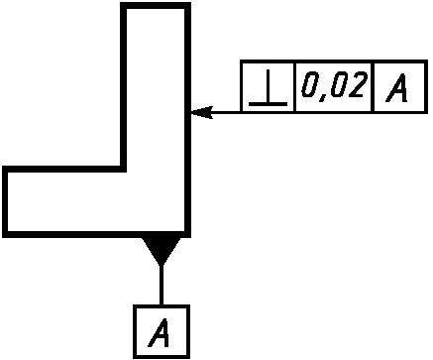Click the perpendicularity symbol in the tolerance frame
pyautogui.click(x=268, y=88)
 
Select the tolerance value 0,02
pyautogui.click(x=334, y=84)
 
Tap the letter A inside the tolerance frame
pyautogui.click(x=397, y=87)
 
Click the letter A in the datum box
pyautogui.click(x=160, y=332)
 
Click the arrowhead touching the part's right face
pyautogui.click(x=202, y=112)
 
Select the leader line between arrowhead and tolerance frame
pyautogui.click(x=227, y=112)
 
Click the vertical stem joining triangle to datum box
pyautogui.click(x=162, y=285)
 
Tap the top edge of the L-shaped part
pyautogui.click(x=156, y=6)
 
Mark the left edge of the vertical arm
pyautogui.click(x=123, y=87)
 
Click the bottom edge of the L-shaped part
pyautogui.click(x=96, y=234)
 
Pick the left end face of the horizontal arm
pyautogui.click(x=5, y=201)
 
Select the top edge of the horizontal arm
pyautogui.click(x=64, y=169)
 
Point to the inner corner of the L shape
pyautogui.click(x=124, y=169)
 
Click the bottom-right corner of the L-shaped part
pyautogui.click(x=187, y=234)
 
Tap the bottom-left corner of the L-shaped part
pyautogui.click(x=5, y=234)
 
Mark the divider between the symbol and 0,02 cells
pyautogui.click(x=294, y=87)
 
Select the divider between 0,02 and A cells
pyautogui.click(x=373, y=87)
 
